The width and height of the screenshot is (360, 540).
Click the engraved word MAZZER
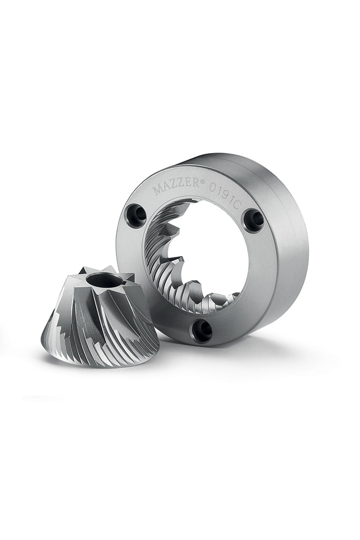pos(176,185)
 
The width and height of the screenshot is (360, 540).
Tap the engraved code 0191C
pos(224,196)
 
